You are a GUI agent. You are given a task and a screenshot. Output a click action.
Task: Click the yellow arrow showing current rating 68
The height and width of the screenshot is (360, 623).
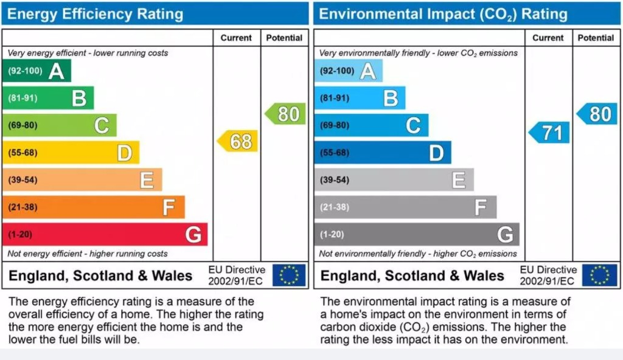tap(238, 142)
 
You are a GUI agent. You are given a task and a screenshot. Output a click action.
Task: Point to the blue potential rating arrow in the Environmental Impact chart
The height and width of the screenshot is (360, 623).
tap(597, 114)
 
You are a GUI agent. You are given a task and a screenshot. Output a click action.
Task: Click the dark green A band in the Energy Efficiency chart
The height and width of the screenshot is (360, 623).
tap(37, 71)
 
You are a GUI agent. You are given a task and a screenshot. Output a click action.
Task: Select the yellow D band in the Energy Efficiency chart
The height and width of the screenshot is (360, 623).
tap(71, 153)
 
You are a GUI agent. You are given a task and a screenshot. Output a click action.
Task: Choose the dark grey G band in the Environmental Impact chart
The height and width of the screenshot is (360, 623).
tap(417, 234)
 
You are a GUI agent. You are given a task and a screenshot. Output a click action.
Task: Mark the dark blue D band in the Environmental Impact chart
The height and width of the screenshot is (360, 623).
tap(383, 153)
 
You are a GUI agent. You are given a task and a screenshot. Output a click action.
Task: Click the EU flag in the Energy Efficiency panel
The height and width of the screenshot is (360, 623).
tap(289, 275)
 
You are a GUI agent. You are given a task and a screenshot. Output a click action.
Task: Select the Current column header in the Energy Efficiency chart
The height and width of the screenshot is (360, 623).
tap(236, 38)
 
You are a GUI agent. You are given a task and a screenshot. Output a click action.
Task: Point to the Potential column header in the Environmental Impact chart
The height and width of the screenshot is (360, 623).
tap(596, 38)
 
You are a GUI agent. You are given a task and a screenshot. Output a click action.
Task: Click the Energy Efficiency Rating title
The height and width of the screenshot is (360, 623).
tap(95, 14)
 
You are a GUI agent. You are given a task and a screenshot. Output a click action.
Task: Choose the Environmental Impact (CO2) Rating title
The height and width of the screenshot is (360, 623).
tap(444, 14)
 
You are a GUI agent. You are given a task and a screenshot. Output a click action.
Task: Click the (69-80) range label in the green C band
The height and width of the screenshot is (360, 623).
tap(23, 125)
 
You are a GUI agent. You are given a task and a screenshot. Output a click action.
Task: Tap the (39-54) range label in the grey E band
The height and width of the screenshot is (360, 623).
tap(335, 180)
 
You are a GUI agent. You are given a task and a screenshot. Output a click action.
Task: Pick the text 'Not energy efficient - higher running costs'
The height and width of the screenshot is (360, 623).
tap(88, 254)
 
